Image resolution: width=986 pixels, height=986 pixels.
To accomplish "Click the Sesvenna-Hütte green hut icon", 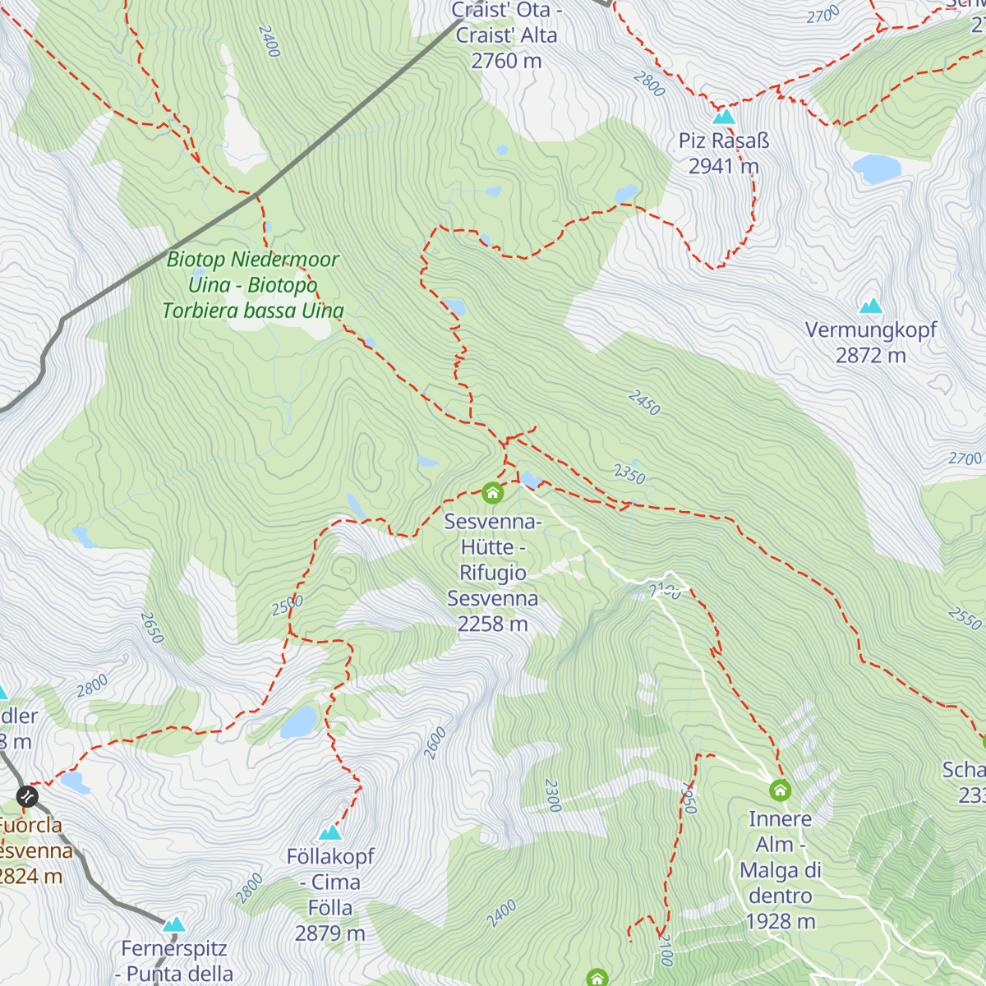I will (492, 492).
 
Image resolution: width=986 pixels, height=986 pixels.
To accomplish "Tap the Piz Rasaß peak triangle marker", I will (723, 116).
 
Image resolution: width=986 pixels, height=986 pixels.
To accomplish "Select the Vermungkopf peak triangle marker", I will (870, 306).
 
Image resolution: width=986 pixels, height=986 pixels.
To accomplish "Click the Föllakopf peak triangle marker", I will (330, 832).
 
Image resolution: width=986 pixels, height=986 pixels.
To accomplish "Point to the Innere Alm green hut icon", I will (780, 790).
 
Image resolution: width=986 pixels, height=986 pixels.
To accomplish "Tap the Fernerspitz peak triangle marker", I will (173, 924).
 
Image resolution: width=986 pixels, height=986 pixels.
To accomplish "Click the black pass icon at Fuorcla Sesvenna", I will (27, 795).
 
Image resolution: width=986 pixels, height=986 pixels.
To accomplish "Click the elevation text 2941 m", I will (723, 166).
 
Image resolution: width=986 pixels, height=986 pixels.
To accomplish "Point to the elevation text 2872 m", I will (870, 356).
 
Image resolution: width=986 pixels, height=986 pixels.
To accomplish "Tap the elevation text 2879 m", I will (330, 933).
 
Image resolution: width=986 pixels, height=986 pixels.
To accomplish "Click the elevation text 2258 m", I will (492, 624).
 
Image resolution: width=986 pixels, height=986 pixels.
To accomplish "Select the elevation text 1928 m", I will (780, 922).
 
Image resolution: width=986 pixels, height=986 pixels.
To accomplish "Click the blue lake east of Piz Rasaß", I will (877, 169).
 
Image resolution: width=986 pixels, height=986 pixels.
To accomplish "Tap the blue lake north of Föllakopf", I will (299, 722).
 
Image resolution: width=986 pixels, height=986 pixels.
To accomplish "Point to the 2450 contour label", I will (644, 403).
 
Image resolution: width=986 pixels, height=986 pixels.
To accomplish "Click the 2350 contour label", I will (629, 474).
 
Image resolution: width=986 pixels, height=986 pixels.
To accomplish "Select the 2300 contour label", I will (552, 795).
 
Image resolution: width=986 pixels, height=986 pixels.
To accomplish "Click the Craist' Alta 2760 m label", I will (506, 35).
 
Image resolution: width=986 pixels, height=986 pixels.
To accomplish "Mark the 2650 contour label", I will (152, 627).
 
